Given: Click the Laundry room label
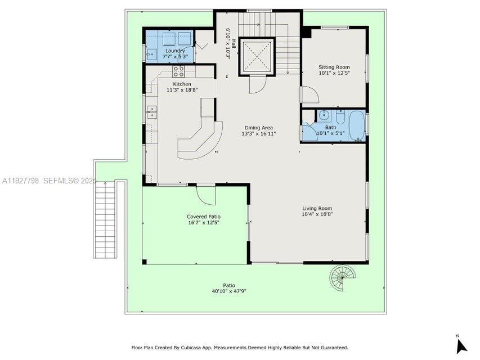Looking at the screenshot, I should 175,51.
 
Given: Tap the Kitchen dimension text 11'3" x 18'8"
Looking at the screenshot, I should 182,89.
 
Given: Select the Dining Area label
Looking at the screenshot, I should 258,128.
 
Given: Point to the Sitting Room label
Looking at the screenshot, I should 334,67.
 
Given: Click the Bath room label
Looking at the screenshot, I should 330,127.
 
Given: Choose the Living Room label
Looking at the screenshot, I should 317,208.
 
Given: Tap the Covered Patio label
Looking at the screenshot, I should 203,217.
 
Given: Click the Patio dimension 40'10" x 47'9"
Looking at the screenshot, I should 229,291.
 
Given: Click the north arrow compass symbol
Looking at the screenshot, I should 461,344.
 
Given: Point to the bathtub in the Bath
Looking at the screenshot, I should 356,125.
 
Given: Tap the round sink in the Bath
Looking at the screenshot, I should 324,115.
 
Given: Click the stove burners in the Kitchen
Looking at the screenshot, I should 178,71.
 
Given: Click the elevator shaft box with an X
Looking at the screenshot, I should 257,56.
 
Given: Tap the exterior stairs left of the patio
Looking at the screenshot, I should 105,219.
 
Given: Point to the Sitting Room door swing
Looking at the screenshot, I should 309,95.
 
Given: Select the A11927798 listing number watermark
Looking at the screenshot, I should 21,181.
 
